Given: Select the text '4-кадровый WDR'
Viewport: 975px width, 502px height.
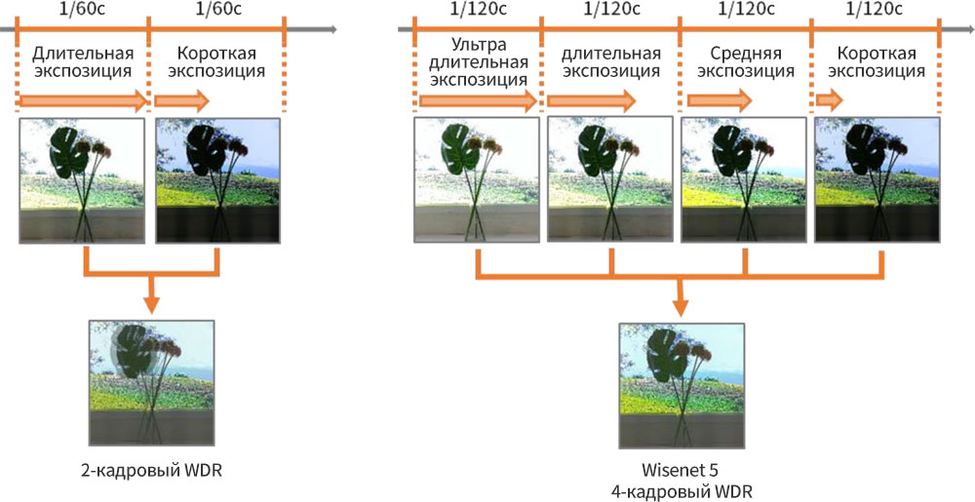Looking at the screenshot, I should [x=679, y=491].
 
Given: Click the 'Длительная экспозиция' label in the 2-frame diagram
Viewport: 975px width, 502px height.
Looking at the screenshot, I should [x=82, y=61].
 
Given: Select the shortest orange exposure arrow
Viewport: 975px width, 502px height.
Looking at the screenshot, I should [x=830, y=99].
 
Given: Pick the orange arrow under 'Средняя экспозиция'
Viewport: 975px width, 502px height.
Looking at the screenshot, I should [x=720, y=99].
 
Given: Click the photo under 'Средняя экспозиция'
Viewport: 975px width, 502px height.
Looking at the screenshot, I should [x=743, y=180].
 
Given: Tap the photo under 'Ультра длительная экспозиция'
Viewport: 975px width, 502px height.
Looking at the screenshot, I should [x=476, y=180].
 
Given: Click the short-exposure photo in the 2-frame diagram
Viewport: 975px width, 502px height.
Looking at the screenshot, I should [x=216, y=180].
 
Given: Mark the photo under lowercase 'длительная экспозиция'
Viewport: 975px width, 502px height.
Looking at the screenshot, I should [x=610, y=180].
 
